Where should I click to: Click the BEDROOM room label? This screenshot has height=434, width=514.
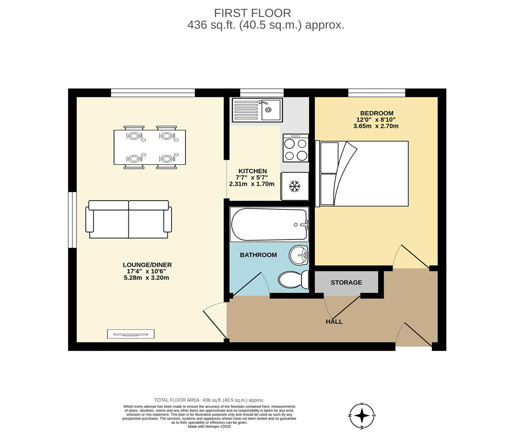pos(376,113)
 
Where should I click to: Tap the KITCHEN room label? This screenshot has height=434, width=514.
pos(252,171)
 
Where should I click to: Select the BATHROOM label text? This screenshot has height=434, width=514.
pos(258,255)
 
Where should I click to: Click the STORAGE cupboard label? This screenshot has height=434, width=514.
pos(346,283)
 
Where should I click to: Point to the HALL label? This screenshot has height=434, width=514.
pos(334,321)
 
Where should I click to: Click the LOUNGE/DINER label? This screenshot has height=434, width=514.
pos(147,265)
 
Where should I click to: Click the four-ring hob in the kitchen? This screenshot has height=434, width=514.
pos(295,147)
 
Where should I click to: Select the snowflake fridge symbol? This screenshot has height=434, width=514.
pos(295,186)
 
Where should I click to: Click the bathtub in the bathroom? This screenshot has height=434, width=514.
pos(269,225)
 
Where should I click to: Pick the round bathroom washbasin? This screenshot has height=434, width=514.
pos(298,255)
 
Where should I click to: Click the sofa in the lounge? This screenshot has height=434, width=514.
pos(128,219)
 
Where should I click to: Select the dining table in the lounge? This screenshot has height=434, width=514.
pos(150,147)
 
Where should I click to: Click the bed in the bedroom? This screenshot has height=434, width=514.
pos(364,174)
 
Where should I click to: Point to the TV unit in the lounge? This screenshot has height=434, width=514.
pos(131,334)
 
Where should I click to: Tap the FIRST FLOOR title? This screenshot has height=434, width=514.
pos(252,13)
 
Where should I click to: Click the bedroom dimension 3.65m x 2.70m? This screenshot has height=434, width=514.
pos(376,126)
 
